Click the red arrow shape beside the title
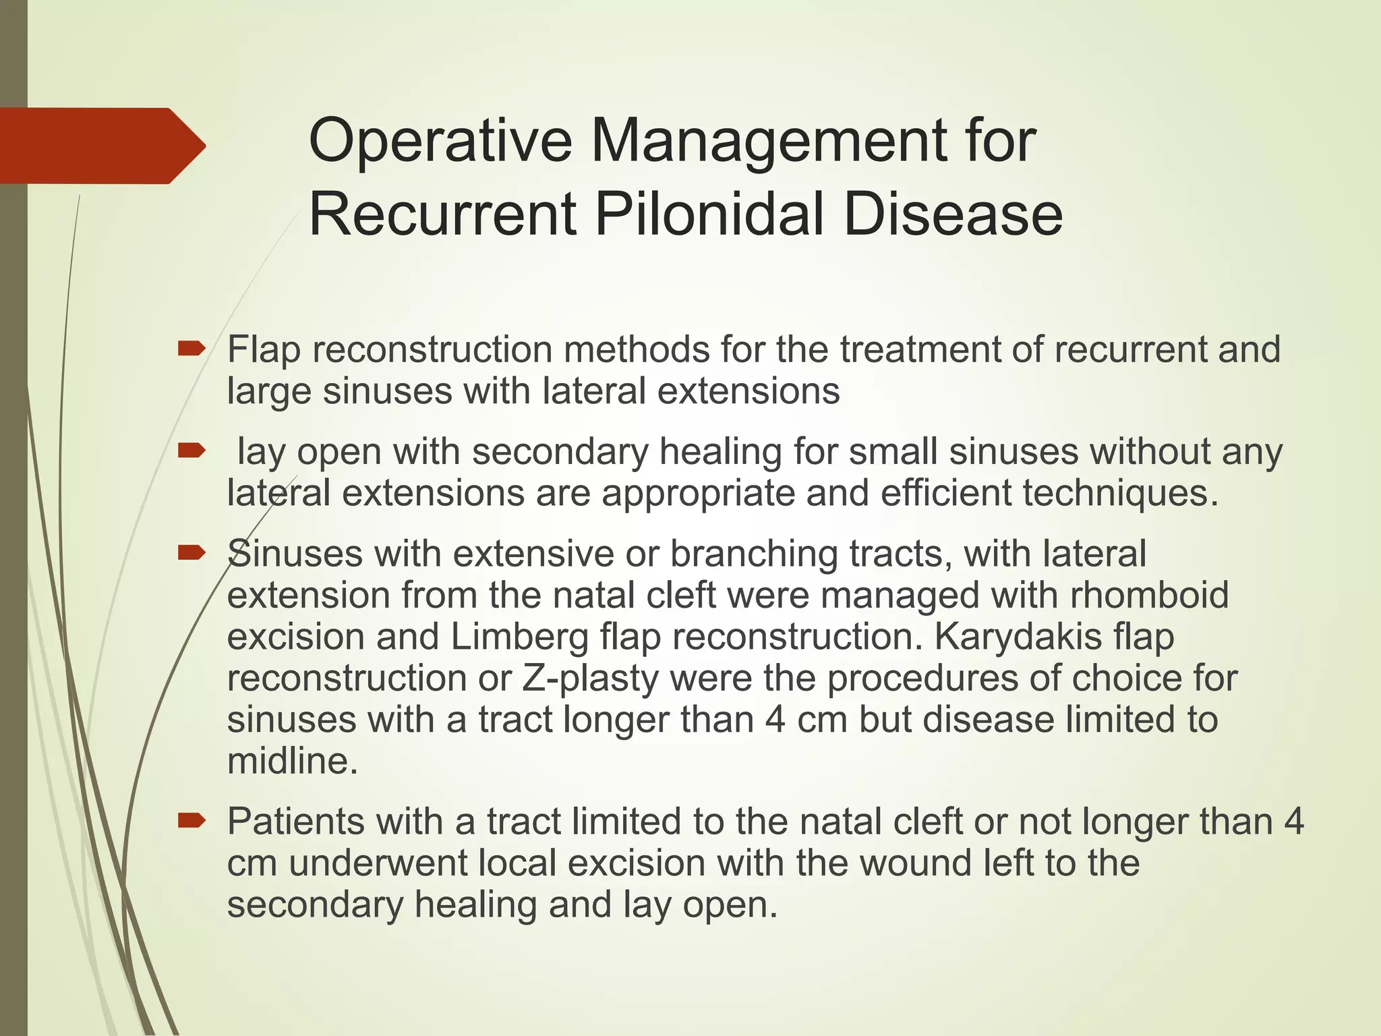pyautogui.click(x=101, y=146)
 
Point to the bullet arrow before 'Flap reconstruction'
pyautogui.click(x=192, y=349)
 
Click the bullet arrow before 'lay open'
pyautogui.click(x=192, y=451)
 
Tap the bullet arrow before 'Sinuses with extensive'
pyautogui.click(x=192, y=553)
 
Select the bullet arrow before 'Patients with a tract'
pyautogui.click(x=192, y=820)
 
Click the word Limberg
pyautogui.click(x=519, y=637)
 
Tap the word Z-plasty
pyautogui.click(x=589, y=679)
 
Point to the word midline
pyautogui.click(x=291, y=761)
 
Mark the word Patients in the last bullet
pyautogui.click(x=296, y=822)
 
